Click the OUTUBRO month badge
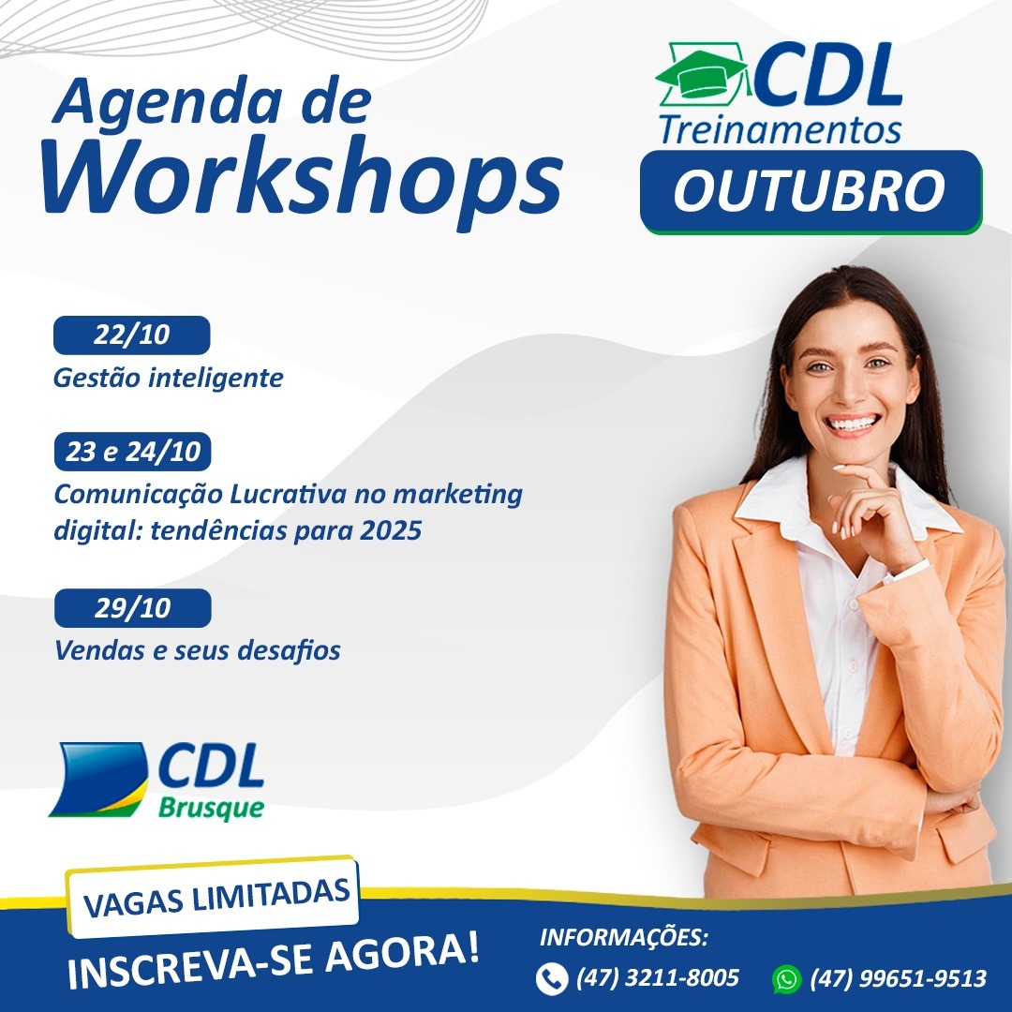click(811, 192)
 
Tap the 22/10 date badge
click(132, 335)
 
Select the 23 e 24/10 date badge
click(132, 451)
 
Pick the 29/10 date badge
click(132, 608)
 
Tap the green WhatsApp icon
click(786, 978)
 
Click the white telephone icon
click(552, 978)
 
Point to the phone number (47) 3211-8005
click(657, 977)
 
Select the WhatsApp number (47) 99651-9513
click(898, 978)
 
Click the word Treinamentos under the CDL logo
click(780, 129)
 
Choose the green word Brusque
click(211, 808)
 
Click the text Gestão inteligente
click(169, 378)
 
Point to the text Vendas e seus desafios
click(198, 650)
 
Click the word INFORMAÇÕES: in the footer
click(623, 937)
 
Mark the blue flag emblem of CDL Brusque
click(98, 779)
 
